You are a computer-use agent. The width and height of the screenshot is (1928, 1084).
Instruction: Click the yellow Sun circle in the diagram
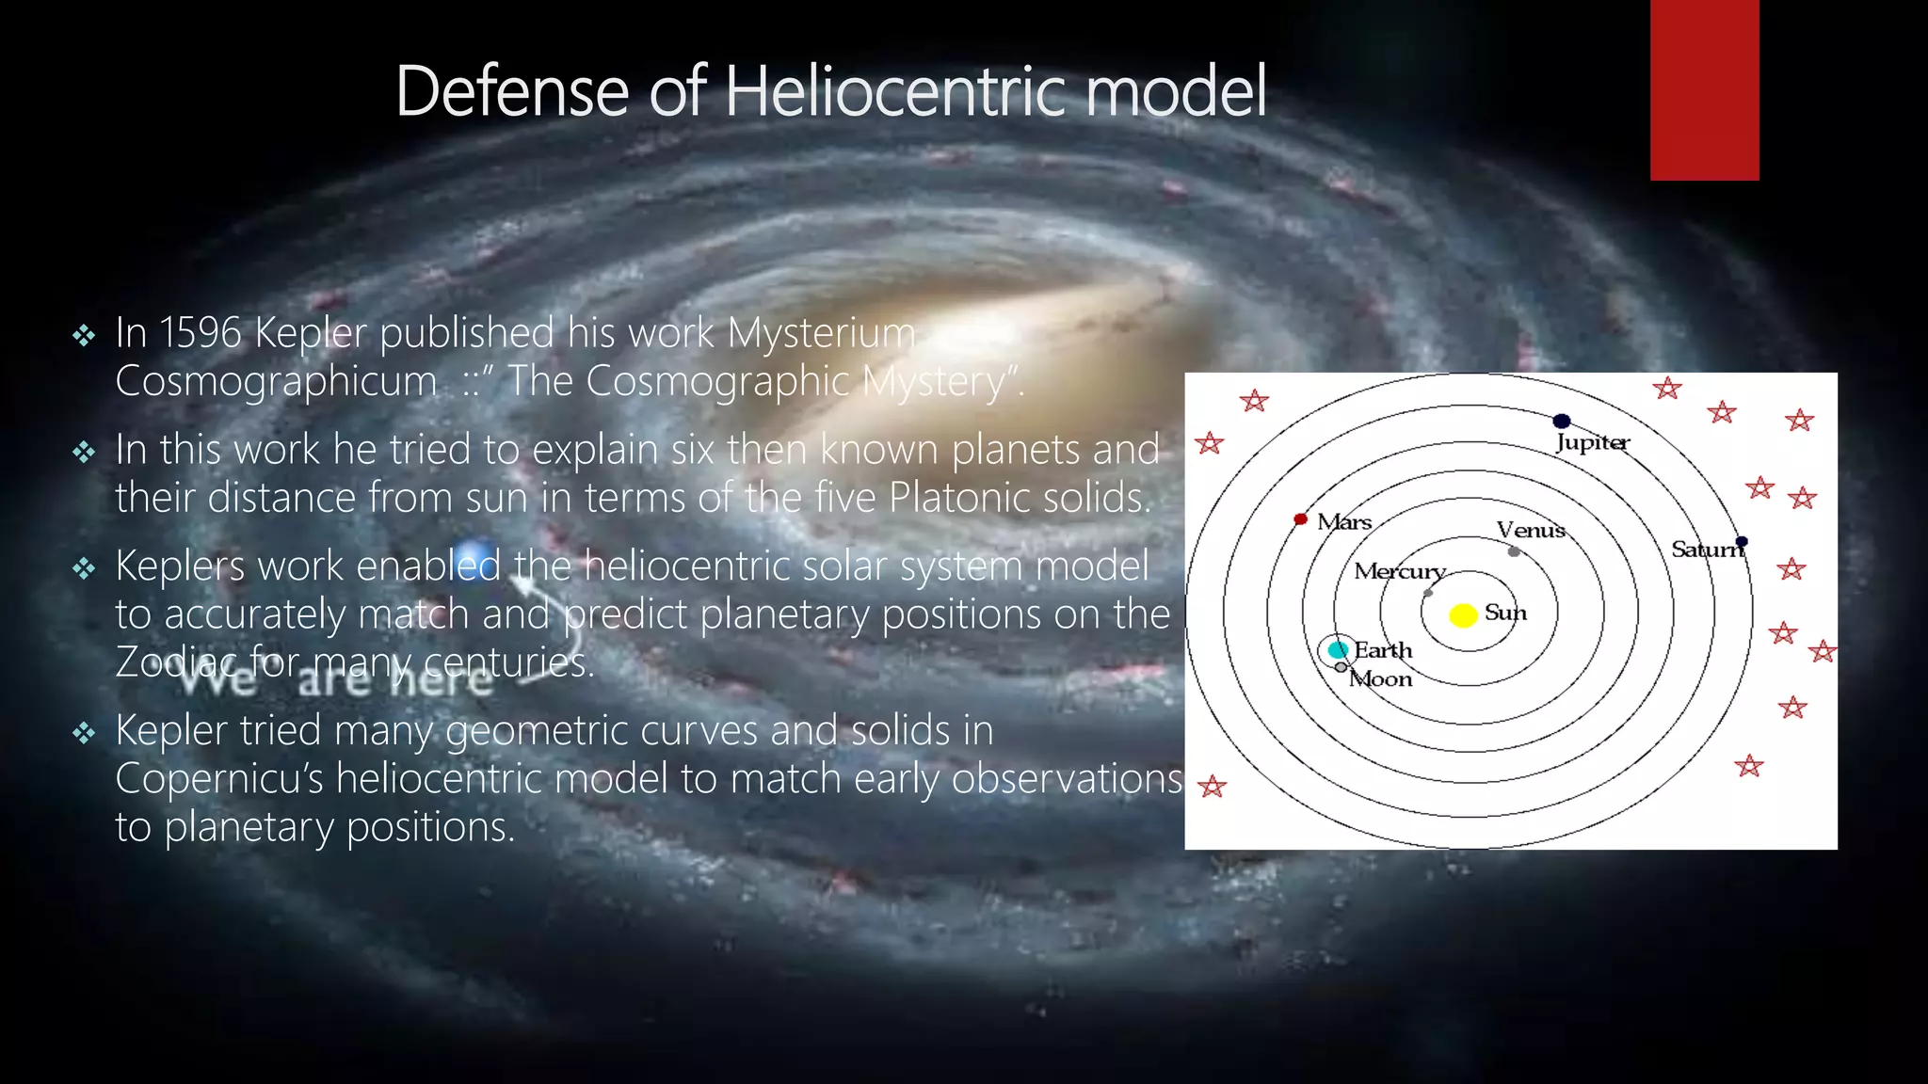(1462, 615)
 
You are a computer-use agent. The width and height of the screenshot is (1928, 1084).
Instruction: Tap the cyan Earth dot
(1337, 649)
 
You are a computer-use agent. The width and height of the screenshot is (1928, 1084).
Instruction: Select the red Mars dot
(1300, 519)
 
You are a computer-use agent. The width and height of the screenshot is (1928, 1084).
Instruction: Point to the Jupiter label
(1592, 442)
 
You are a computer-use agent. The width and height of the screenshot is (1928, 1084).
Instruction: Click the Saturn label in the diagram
(1706, 550)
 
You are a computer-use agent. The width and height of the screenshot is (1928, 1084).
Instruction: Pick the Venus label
(1531, 530)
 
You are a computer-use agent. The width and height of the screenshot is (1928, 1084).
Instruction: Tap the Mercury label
(1399, 571)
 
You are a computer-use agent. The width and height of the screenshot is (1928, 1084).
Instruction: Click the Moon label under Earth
(1381, 679)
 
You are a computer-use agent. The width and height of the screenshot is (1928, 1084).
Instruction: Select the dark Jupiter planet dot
(1562, 421)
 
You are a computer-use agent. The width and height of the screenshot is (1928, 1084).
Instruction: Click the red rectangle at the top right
(1704, 89)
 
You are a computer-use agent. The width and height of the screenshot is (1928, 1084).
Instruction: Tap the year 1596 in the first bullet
(201, 333)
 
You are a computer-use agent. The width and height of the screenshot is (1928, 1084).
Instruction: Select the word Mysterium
(821, 333)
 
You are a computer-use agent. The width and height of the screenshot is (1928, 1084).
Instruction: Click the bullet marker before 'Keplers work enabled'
(84, 567)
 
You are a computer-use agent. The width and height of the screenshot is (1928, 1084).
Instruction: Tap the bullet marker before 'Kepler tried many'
(84, 732)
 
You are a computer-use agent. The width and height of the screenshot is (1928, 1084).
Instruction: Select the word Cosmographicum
(276, 382)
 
